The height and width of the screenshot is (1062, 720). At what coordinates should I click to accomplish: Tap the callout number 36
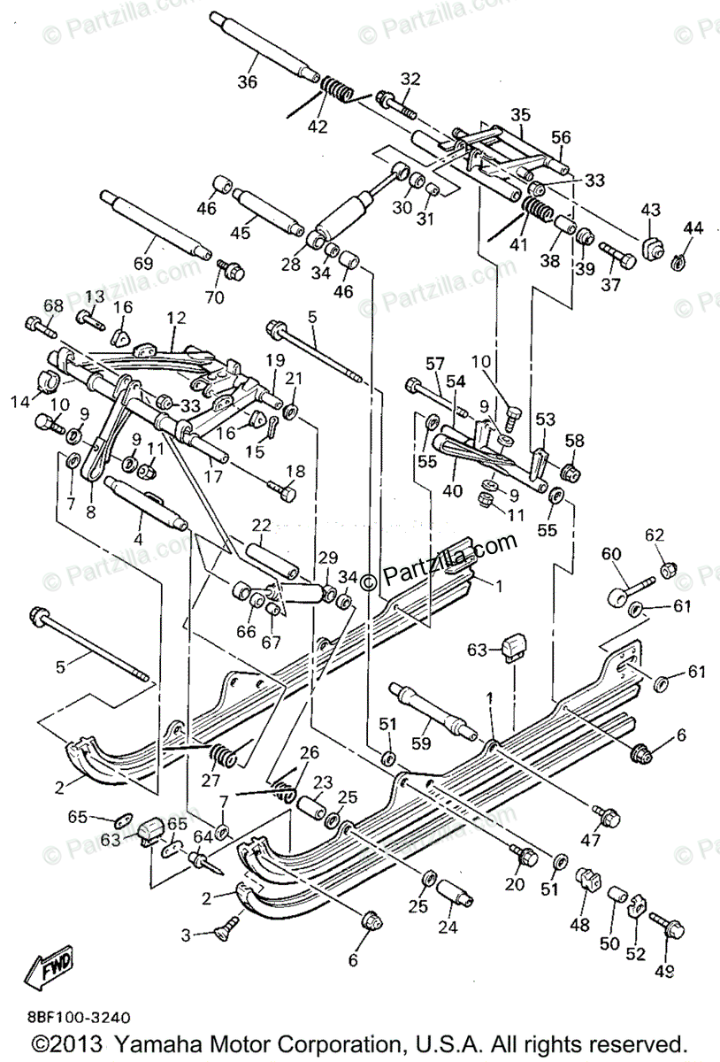click(247, 82)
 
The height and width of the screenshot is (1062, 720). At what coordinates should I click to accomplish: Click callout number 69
click(142, 263)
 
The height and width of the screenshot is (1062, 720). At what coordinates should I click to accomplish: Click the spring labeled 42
click(336, 88)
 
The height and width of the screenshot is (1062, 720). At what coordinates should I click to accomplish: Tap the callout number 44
click(693, 228)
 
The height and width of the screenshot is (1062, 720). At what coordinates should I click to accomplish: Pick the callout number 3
click(186, 935)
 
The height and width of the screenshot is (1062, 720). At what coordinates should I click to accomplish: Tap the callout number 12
click(176, 317)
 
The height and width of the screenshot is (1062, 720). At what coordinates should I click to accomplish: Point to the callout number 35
click(521, 115)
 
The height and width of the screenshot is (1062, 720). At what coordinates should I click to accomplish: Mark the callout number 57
click(433, 364)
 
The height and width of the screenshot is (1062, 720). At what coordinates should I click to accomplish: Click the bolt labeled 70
click(231, 270)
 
